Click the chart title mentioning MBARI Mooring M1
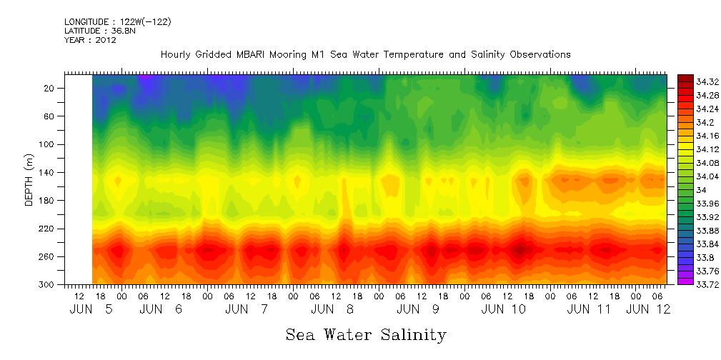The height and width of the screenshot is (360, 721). click(365, 54)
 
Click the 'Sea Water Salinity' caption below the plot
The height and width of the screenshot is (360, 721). click(366, 334)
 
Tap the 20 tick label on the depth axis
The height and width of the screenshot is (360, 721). click(50, 89)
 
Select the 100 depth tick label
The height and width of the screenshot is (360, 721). click(48, 145)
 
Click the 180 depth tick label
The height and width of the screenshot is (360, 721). click(48, 201)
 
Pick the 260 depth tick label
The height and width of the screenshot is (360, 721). click(48, 257)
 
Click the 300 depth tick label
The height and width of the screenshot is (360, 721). click(48, 285)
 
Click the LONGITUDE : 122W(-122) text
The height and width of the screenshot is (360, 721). click(117, 22)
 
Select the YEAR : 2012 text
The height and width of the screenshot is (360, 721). click(90, 40)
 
